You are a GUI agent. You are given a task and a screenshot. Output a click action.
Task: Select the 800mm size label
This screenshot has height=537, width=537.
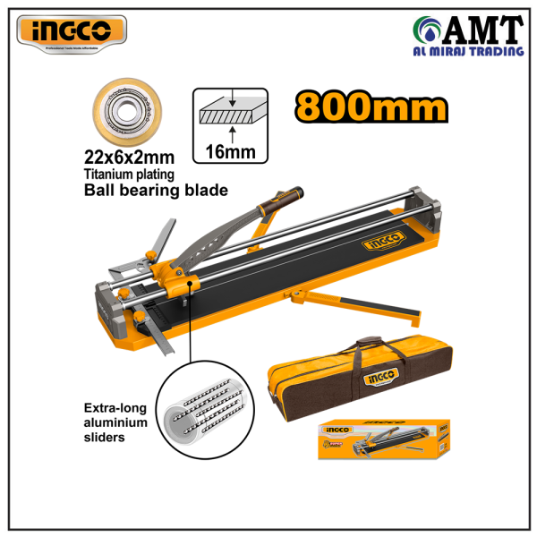pos(371,107)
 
